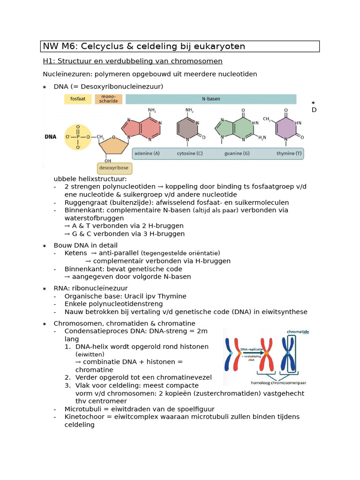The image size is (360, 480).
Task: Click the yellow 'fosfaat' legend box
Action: [x=78, y=99]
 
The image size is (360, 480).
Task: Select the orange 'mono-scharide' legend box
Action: [x=109, y=99]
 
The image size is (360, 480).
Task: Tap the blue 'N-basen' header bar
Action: [x=211, y=99]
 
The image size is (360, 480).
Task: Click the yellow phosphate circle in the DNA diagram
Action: [x=78, y=137]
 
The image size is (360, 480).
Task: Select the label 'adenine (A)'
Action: [x=147, y=153]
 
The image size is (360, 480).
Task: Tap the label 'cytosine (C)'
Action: [x=189, y=153]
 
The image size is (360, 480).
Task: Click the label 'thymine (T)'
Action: [x=289, y=153]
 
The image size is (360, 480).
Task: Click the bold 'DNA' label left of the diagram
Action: [x=51, y=137]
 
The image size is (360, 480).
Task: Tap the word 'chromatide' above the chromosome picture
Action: [x=298, y=331]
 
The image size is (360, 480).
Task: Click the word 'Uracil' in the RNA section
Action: [x=133, y=296]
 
